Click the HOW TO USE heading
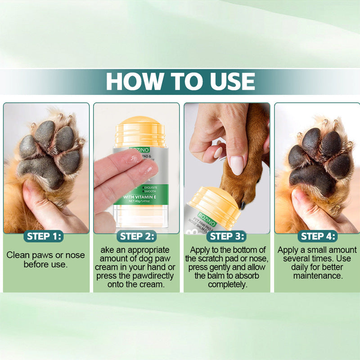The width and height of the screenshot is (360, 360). [x=180, y=81]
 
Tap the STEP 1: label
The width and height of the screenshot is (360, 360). [x=45, y=236]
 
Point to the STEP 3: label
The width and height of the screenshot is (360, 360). [x=228, y=236]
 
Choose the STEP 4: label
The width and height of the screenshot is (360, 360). [x=318, y=236]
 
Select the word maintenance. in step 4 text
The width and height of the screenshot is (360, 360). [x=318, y=275]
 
